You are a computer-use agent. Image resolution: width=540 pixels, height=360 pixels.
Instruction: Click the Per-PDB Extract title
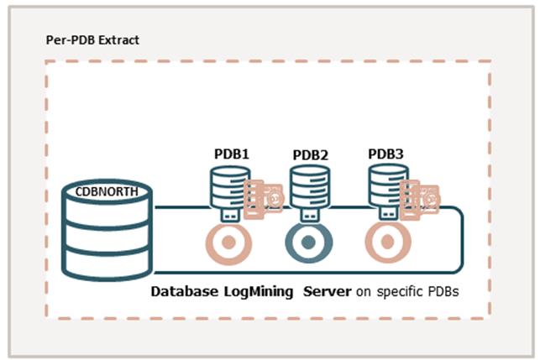coord(92,40)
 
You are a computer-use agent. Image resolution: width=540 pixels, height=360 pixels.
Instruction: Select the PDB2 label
coord(311,155)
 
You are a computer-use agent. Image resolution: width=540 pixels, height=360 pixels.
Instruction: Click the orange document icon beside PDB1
coord(263,198)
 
